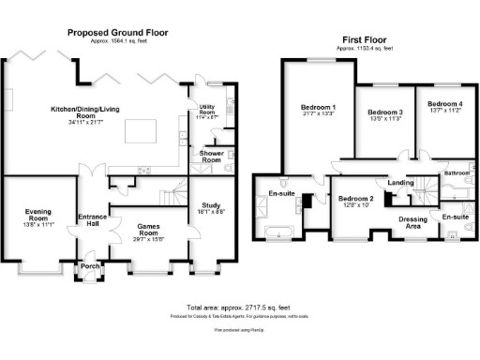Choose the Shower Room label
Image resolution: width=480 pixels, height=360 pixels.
[x=210, y=157]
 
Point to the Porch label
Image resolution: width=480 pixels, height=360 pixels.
[x=92, y=265]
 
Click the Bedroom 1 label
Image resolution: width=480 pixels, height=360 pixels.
[x=320, y=111]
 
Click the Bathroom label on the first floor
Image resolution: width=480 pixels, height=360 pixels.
[x=457, y=173]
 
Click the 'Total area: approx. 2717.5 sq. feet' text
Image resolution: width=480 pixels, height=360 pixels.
[x=242, y=307]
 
